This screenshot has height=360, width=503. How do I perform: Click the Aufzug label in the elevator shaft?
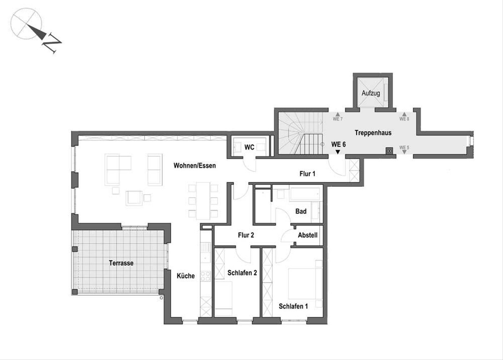[371, 93]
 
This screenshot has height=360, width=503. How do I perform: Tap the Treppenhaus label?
[373, 133]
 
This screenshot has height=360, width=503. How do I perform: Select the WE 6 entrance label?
[338, 144]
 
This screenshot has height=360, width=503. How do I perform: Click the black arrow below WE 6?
[338, 152]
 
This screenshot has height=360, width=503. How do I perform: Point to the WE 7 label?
[337, 119]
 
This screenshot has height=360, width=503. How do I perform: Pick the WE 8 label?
[404, 119]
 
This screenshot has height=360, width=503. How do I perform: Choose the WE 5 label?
[404, 148]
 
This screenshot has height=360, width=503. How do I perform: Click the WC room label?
[249, 147]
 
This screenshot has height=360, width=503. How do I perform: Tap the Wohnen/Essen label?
[194, 166]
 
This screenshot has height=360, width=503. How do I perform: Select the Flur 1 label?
[307, 174]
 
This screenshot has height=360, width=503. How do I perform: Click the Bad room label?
[301, 211]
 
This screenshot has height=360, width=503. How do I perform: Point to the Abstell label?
[308, 235]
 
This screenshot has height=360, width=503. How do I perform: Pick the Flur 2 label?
[246, 235]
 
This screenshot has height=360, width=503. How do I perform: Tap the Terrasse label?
[121, 263]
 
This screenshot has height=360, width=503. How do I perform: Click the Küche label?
[186, 276]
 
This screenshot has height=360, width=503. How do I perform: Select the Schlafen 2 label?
[242, 273]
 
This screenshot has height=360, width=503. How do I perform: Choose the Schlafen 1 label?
[293, 306]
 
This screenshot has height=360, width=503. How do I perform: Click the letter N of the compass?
[52, 43]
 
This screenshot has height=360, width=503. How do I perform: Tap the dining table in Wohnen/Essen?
[203, 201]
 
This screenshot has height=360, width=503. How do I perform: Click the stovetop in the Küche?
[205, 276]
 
